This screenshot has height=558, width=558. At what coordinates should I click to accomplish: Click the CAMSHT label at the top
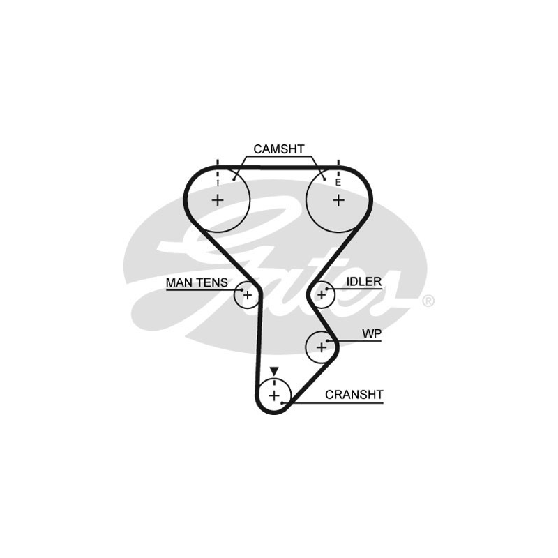[279, 149]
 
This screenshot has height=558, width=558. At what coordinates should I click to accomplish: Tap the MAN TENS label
[197, 282]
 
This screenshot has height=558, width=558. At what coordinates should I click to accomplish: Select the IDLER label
[364, 282]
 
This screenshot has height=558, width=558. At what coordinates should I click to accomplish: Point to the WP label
[372, 334]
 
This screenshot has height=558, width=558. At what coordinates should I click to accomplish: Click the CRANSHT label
[354, 395]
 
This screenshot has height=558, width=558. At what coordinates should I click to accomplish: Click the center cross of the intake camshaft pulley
[218, 200]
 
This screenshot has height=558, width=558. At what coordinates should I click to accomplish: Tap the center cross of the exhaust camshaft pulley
[338, 201]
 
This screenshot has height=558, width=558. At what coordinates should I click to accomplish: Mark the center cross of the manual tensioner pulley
[248, 295]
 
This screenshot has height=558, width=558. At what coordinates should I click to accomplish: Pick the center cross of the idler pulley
[322, 294]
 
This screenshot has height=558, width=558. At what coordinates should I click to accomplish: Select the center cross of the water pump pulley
[322, 347]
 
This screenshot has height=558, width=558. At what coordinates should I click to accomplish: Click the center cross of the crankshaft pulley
[274, 395]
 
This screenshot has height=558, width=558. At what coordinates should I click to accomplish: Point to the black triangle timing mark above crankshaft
[273, 371]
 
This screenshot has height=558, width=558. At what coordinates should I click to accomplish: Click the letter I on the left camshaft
[218, 183]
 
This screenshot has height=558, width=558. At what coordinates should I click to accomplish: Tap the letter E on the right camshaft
[338, 183]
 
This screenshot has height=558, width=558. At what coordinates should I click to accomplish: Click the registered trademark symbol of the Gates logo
[428, 301]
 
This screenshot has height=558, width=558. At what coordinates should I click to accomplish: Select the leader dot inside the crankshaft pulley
[282, 403]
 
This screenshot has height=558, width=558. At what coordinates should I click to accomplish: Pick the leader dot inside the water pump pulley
[327, 341]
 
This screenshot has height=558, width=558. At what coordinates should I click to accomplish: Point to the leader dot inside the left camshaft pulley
[234, 179]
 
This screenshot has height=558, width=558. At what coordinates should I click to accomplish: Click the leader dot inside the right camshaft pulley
[324, 179]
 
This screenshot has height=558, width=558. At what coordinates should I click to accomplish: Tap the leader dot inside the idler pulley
[326, 289]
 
